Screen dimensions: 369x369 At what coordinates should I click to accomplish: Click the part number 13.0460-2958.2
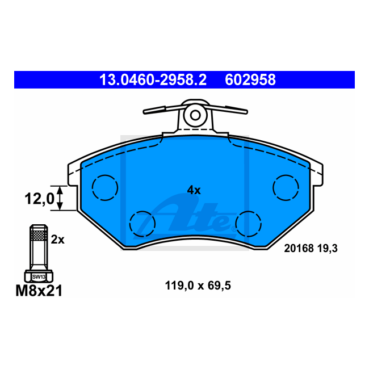pos(153,80)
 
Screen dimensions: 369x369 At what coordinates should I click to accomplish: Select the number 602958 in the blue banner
pos(250,80)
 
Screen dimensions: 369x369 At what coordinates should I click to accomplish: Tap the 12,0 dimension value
pos(39,198)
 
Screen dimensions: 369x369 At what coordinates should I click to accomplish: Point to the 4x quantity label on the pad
pos(194,190)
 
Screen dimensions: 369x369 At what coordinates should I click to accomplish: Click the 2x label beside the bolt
pos(58,240)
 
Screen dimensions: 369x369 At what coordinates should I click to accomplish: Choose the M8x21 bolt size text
pos(39,291)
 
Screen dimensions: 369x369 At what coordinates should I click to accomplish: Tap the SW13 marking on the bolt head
pos(39,277)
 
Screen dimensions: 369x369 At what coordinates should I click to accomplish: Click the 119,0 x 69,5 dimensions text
pos(198,286)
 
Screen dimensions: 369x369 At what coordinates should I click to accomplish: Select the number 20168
pos(299,248)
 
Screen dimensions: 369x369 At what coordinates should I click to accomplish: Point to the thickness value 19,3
pos(328,249)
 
